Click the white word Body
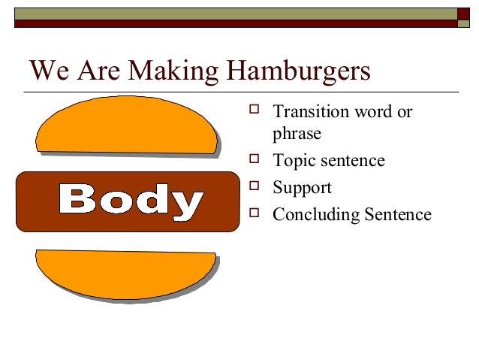coord(130,201)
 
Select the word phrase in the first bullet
coord(297,135)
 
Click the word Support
coord(302,189)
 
